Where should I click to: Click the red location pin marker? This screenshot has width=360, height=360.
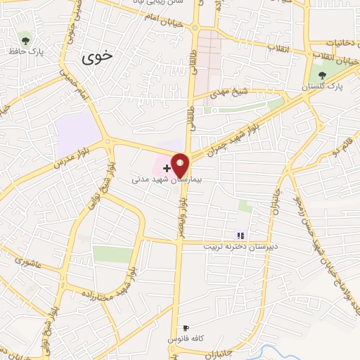coord(180,165)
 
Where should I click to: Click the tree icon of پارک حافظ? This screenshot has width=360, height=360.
coord(27,39)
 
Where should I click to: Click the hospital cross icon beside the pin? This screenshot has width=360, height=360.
coord(167,168)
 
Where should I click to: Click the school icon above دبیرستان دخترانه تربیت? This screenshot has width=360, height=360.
coord(240,236)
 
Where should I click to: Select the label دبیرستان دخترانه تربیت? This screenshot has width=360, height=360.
coord(241,246)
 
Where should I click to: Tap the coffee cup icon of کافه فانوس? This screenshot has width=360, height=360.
coord(186,328)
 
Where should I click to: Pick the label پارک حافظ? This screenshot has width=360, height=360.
coord(27,53)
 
